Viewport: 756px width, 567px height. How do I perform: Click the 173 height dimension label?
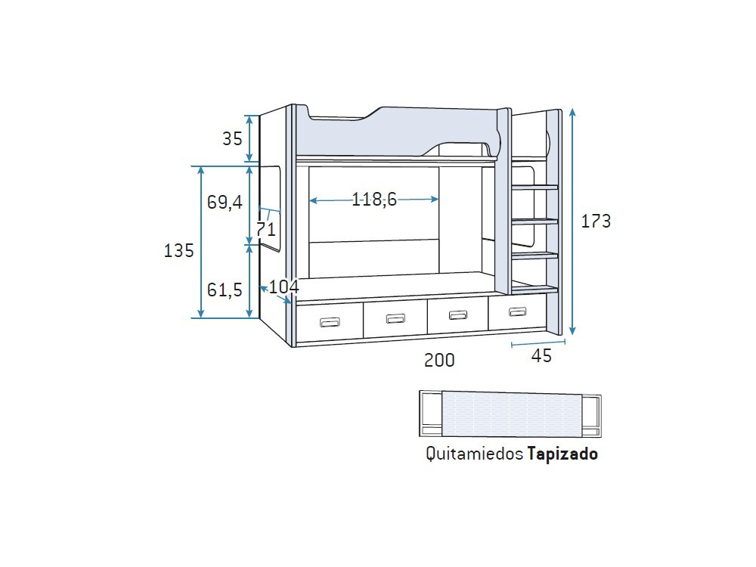596,222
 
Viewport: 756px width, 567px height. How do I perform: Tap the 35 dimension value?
232,138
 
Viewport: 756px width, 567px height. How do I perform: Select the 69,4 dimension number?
225,202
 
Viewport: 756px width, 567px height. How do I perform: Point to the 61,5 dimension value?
225,289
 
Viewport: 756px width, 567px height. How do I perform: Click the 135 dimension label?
179,250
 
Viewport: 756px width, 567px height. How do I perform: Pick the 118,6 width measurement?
374,200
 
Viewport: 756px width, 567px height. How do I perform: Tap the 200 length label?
439,361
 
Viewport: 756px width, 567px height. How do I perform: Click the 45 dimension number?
541,356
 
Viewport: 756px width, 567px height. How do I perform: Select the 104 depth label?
283,287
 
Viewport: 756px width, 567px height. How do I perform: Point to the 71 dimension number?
265,228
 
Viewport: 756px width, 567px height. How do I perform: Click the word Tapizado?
562,454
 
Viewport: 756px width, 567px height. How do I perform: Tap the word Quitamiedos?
474,454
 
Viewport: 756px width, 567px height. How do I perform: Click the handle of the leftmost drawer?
330,323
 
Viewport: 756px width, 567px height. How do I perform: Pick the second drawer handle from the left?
395,318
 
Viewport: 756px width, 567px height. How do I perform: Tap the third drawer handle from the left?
457,314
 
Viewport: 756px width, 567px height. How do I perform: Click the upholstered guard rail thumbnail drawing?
510,414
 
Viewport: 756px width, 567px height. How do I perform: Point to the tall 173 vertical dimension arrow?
573,222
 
